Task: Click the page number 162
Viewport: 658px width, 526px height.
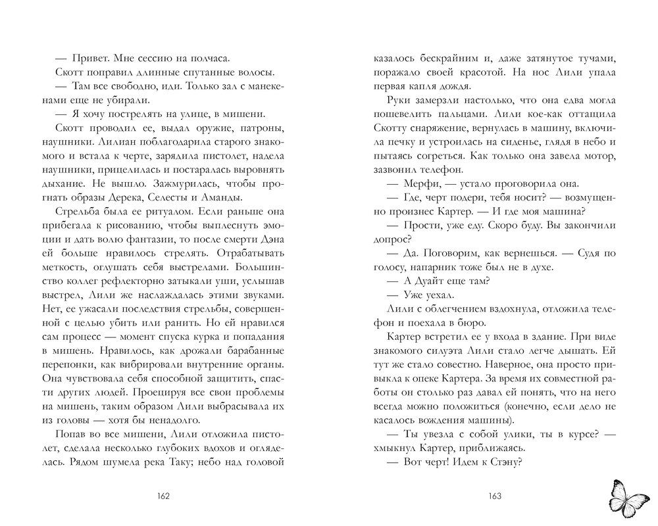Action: tap(164, 496)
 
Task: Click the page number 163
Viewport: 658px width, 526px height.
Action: tap(493, 496)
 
